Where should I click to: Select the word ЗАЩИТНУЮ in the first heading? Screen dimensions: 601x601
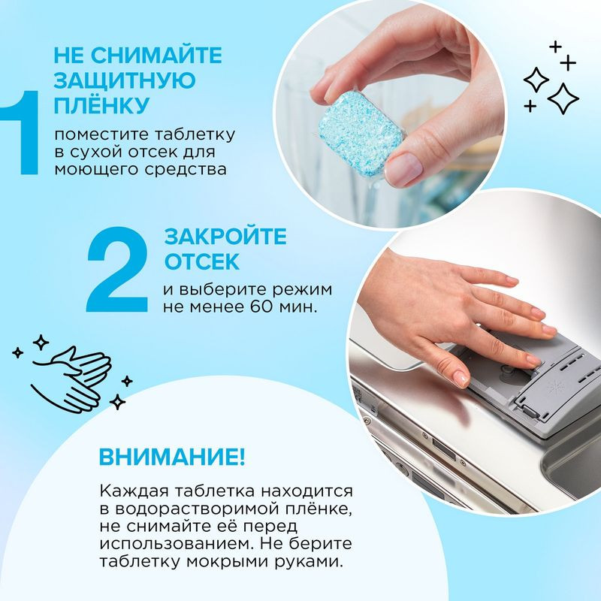[x=125, y=79]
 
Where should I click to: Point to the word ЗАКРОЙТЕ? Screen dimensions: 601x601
[x=225, y=237]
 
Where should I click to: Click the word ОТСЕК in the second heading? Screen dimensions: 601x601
[x=202, y=261]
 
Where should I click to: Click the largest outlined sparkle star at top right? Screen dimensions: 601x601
[x=563, y=97]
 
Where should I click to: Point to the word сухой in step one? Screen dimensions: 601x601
[x=92, y=153]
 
